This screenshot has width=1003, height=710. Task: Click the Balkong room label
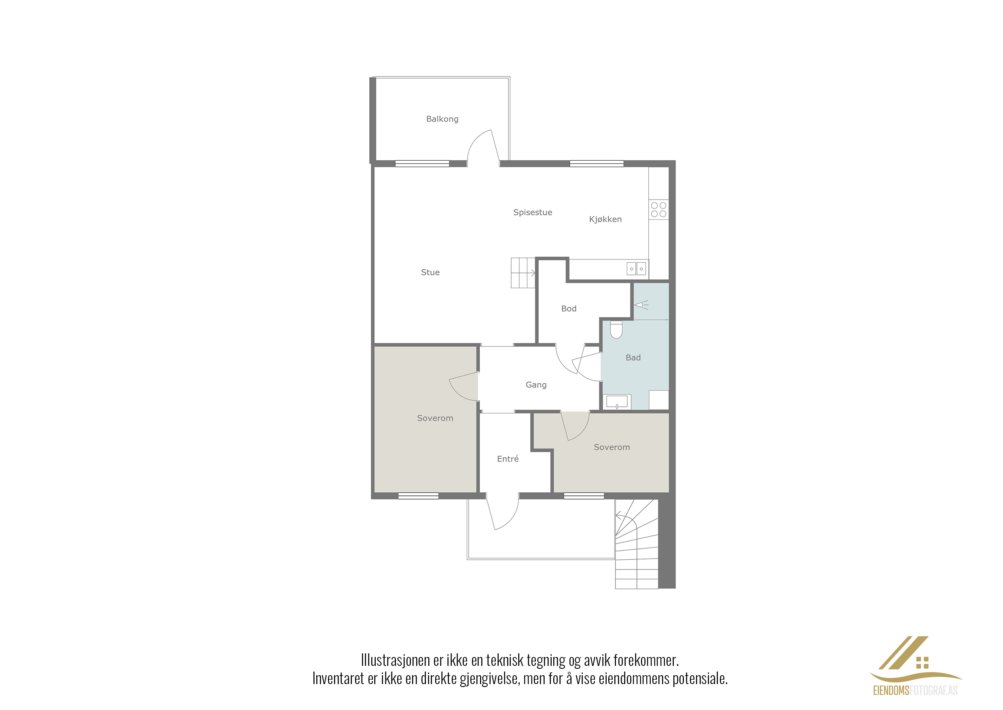click(442, 119)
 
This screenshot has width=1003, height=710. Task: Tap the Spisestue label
click(533, 213)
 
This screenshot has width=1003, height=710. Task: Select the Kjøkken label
click(605, 219)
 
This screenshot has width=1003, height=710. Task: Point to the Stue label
click(430, 272)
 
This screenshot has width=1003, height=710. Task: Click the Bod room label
click(569, 309)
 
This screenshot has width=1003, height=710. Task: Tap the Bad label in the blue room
click(633, 357)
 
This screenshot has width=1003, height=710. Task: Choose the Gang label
click(536, 385)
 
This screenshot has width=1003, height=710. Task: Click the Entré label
click(508, 459)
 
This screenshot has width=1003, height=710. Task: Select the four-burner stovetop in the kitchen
click(659, 209)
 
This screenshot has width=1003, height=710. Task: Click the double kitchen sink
click(636, 268)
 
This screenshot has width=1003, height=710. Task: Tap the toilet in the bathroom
click(616, 329)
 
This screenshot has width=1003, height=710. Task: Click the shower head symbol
click(641, 305)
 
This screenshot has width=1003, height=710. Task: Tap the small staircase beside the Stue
click(523, 273)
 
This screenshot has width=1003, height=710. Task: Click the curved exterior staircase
click(637, 544)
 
